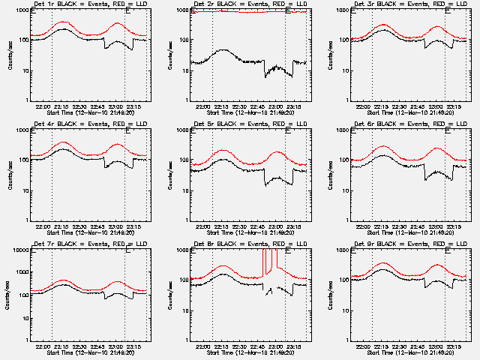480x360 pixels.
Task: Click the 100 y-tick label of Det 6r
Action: coord(344,160)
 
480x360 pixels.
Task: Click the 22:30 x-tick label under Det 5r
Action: coord(240,226)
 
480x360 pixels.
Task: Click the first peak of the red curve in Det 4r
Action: coord(64,142)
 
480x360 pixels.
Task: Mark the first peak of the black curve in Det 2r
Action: coord(223,49)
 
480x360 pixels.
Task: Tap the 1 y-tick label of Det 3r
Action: coord(347,100)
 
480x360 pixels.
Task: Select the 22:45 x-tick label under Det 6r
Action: coord(418,226)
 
